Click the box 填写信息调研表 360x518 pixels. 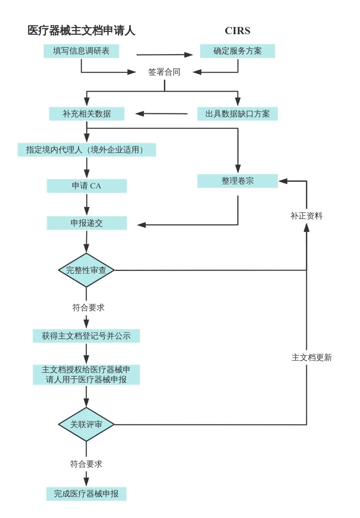81,51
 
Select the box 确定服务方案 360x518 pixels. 237,51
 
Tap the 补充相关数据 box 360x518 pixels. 86,114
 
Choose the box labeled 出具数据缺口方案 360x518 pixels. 237,114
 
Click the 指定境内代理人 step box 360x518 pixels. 86,150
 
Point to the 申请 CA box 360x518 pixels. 86,186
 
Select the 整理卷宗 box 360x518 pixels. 237,181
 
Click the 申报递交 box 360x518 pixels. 86,223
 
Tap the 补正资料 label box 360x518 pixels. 306,216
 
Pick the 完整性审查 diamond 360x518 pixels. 86,270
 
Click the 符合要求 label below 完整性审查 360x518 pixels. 88,308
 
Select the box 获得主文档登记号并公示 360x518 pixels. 86,336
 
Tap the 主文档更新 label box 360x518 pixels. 311,358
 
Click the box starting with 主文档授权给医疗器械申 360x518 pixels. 86,375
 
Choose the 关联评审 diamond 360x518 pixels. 86,424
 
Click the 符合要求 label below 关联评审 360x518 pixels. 86,464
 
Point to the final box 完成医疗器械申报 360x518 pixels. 86,494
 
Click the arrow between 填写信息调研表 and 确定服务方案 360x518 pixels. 164,55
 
